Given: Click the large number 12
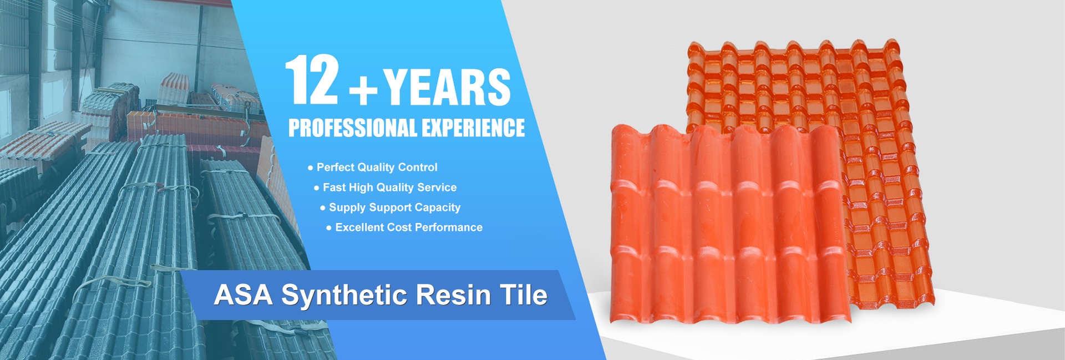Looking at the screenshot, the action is point(312,79).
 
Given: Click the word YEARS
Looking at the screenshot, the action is point(447,87).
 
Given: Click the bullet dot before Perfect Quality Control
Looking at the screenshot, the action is point(310,168).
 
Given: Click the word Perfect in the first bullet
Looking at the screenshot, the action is point(335,167).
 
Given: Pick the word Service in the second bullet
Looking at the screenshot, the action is point(437,187).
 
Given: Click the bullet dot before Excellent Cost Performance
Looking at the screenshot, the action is point(329,228).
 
